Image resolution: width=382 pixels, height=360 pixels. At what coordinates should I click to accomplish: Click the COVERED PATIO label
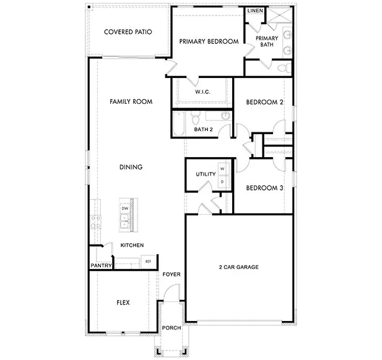click(128, 32)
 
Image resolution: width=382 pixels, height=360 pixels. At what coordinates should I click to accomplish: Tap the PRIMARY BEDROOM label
click(209, 41)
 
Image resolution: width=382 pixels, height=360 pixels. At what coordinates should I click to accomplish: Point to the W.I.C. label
click(202, 92)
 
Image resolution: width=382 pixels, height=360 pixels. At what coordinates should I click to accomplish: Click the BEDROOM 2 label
click(264, 102)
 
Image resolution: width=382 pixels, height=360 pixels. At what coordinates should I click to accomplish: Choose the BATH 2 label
click(203, 129)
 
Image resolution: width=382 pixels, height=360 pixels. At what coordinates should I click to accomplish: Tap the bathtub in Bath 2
click(179, 123)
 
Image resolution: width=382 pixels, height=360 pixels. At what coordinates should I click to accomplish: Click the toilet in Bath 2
click(196, 116)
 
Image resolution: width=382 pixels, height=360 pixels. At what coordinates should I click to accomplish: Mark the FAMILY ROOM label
click(131, 101)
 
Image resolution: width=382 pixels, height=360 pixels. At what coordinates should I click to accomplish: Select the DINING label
click(131, 167)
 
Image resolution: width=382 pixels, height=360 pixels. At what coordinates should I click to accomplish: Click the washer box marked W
click(221, 169)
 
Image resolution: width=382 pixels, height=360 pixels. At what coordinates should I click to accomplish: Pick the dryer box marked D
click(221, 181)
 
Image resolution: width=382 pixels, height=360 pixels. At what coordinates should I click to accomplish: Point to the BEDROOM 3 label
click(264, 188)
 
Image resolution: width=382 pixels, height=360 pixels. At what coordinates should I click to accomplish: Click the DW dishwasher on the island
click(125, 209)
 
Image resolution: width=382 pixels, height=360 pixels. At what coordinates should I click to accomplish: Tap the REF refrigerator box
click(148, 262)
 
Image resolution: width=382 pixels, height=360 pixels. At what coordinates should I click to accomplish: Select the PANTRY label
click(100, 267)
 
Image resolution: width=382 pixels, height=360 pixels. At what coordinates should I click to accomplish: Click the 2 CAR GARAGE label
click(238, 267)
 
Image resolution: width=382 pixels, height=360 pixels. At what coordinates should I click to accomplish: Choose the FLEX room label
click(123, 303)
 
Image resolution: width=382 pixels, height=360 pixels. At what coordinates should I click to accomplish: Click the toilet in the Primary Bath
click(283, 67)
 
